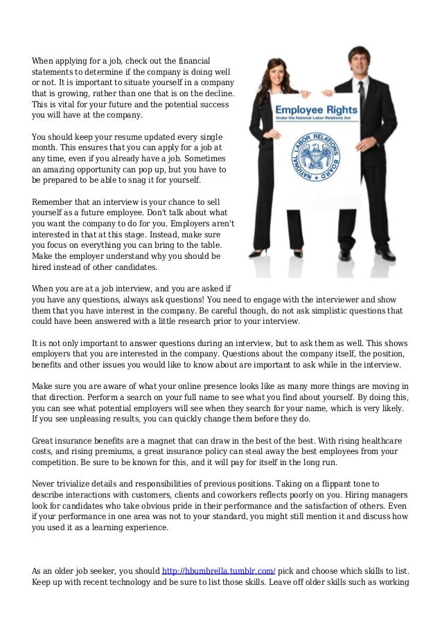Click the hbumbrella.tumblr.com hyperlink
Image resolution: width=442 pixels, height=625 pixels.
(218, 570)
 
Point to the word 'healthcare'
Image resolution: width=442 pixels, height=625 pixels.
(386, 441)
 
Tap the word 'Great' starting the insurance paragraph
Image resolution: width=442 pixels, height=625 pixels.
(44, 441)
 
